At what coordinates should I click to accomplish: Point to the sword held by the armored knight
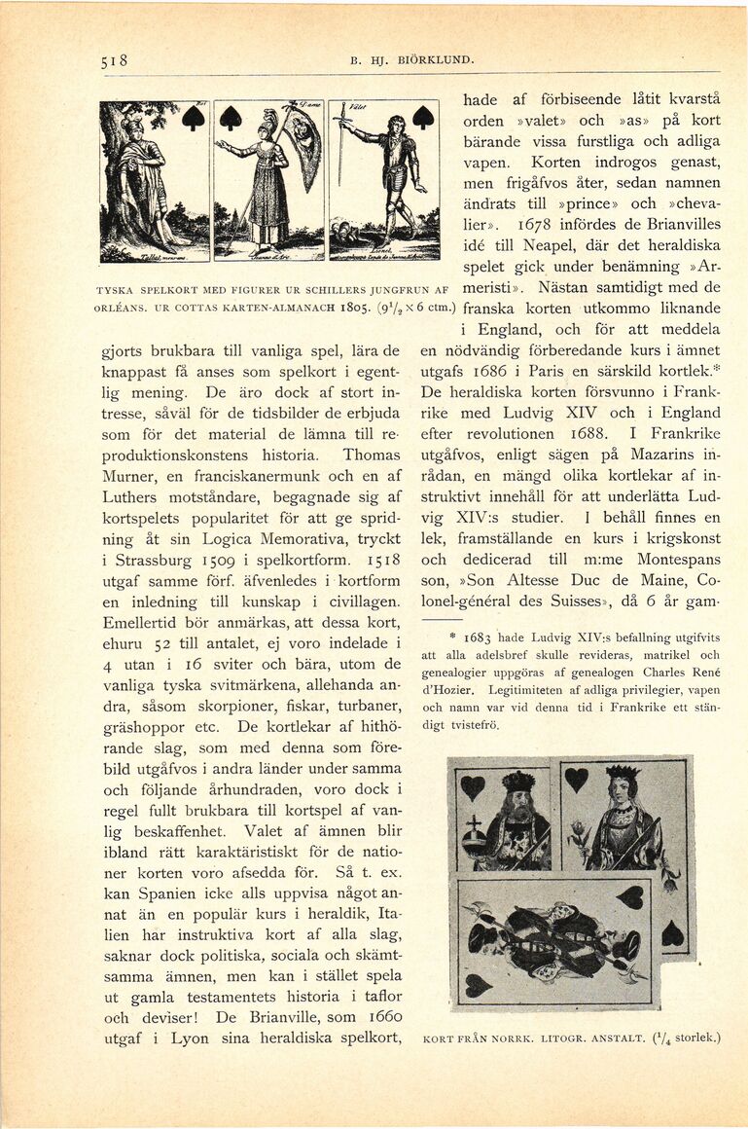click(340, 146)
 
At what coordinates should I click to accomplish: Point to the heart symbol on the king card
click(473, 786)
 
